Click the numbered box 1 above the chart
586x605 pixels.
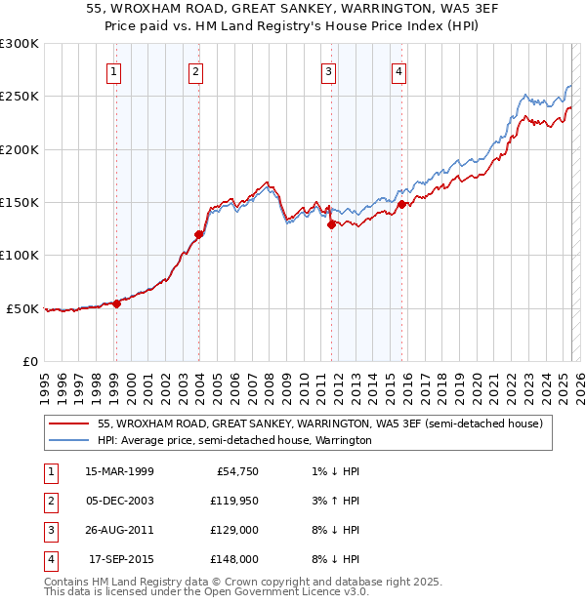click(x=115, y=71)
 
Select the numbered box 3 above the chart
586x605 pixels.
click(x=328, y=71)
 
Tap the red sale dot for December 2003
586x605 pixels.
click(x=198, y=234)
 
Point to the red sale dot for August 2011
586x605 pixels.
click(x=331, y=224)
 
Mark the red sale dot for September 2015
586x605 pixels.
click(x=401, y=204)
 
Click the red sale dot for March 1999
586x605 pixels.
click(x=116, y=302)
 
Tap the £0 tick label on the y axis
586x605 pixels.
click(x=28, y=361)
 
